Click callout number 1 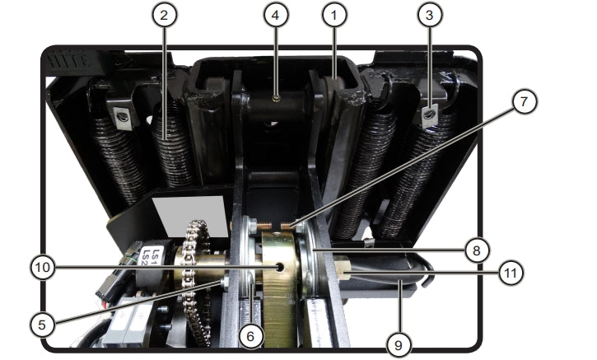[x=333, y=16]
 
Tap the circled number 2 [x=166, y=16]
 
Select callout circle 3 [x=427, y=16]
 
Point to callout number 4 [x=277, y=16]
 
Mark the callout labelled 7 [x=523, y=103]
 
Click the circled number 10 [x=43, y=267]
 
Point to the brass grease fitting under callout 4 [x=278, y=97]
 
